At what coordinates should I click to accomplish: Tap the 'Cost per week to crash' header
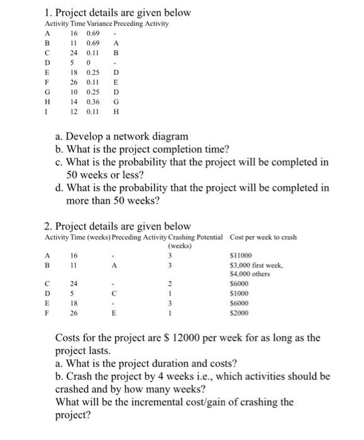point(263,237)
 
